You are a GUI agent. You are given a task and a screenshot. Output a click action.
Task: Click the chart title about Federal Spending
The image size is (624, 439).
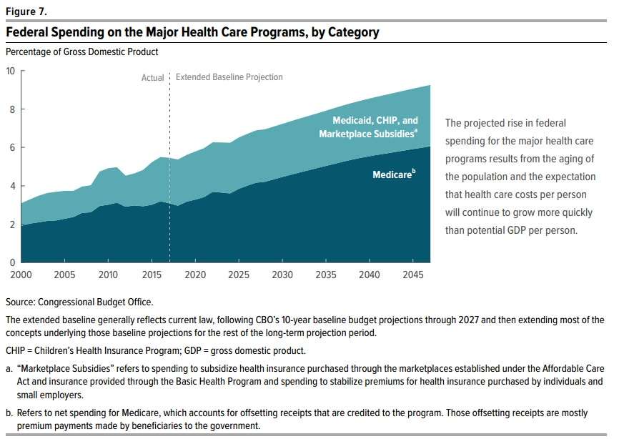point(192,33)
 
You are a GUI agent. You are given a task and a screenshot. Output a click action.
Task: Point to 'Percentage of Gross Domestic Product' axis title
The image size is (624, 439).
point(81,51)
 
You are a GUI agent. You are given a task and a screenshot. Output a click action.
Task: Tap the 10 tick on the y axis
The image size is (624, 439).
point(10,71)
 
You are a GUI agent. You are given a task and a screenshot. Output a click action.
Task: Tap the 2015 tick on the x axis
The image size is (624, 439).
point(152,275)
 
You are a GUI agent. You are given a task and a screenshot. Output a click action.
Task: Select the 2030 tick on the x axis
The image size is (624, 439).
point(282,275)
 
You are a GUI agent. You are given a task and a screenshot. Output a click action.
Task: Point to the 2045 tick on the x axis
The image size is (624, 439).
point(413,275)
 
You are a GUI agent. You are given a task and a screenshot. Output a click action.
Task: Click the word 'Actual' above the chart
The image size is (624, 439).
point(153,77)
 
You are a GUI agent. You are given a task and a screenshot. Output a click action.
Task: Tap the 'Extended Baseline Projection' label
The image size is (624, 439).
point(229,77)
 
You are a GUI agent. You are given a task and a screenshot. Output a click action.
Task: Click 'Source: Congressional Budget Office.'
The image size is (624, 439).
point(79,302)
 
